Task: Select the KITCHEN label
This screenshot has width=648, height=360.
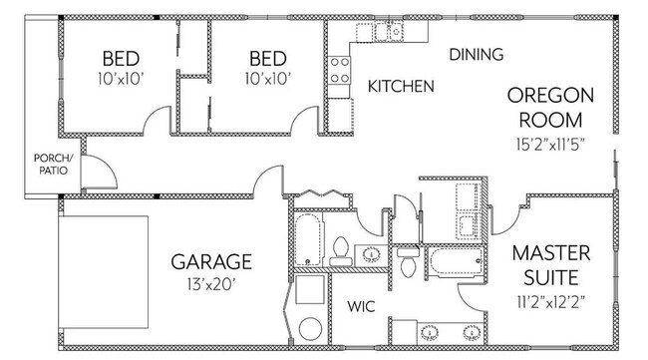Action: (401, 87)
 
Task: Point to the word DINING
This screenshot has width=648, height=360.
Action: (476, 55)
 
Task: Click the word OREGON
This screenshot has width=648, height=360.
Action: (550, 96)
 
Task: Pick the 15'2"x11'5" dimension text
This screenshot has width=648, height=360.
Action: (550, 143)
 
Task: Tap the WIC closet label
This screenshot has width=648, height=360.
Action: (361, 306)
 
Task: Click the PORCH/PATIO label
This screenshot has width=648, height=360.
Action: (51, 164)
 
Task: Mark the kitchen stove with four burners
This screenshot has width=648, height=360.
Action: (340, 69)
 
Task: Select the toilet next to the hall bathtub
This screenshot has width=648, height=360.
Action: (339, 247)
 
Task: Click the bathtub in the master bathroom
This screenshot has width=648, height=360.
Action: (456, 263)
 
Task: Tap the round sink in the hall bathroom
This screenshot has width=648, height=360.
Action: (371, 253)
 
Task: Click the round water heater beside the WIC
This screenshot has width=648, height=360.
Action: (309, 328)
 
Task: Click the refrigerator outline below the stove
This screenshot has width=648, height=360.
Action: (340, 108)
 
